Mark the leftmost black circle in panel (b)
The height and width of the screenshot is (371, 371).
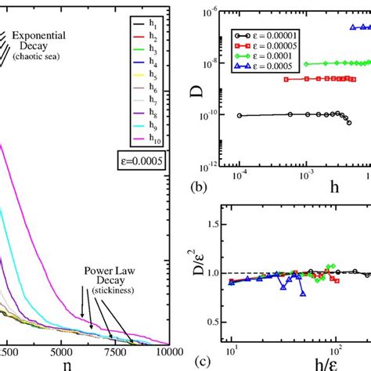click(238, 116)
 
